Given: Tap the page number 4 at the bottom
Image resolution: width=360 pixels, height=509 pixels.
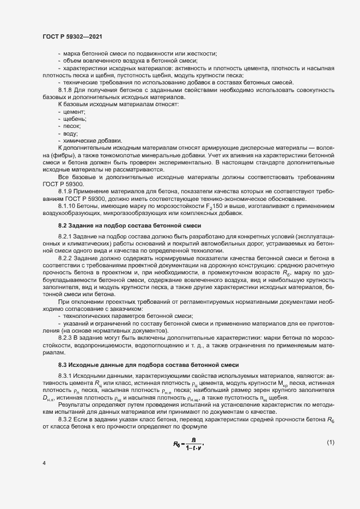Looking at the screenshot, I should coord(44,463).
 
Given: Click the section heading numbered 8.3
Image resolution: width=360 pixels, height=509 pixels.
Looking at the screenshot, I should coord(148,364).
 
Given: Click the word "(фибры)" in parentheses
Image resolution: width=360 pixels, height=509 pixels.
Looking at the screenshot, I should coord(53,155).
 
